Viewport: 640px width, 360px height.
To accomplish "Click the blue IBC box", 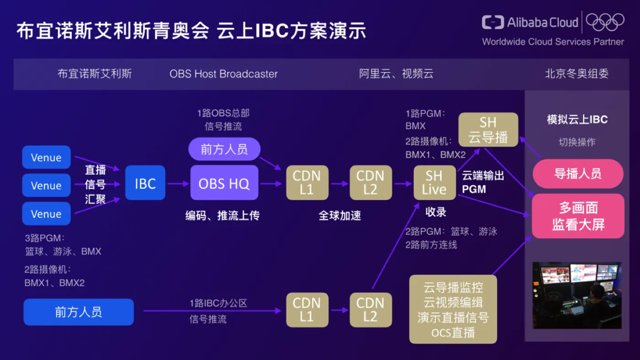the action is pyautogui.click(x=145, y=183).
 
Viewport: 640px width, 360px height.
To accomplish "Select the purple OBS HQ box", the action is pyautogui.click(x=224, y=183).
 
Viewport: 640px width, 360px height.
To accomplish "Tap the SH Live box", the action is pyautogui.click(x=435, y=183).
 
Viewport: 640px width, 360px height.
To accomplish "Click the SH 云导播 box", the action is pyautogui.click(x=488, y=129).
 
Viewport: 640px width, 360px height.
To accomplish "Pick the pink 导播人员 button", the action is pyautogui.click(x=578, y=173).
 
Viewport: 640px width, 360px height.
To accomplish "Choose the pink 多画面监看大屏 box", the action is pyautogui.click(x=578, y=216).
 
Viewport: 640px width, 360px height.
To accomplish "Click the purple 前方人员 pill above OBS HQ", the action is pyautogui.click(x=224, y=149).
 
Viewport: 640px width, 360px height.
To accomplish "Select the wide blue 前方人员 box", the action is pyautogui.click(x=79, y=312).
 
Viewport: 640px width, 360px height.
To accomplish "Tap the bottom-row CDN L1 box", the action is pyautogui.click(x=307, y=310).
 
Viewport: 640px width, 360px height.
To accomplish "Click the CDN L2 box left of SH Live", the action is pyautogui.click(x=371, y=183).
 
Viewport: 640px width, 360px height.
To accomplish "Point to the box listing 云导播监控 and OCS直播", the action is pyautogui.click(x=453, y=309).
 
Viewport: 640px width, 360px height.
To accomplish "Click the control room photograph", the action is pyautogui.click(x=577, y=296).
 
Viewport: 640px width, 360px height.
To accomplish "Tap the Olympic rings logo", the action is pyautogui.click(x=605, y=22).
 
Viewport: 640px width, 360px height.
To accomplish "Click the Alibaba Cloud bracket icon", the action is pyautogui.click(x=493, y=22).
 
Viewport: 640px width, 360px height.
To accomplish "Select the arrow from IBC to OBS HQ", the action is pyautogui.click(x=178, y=183).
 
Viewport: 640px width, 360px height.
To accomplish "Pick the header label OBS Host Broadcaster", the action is pyautogui.click(x=224, y=74).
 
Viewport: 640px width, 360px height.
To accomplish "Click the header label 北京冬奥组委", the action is pyautogui.click(x=576, y=74).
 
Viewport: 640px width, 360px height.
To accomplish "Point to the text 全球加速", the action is pyautogui.click(x=340, y=215).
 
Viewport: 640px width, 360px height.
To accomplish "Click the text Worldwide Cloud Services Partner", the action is pyautogui.click(x=553, y=42).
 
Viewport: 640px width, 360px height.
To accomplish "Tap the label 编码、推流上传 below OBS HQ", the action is pyautogui.click(x=222, y=215).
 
